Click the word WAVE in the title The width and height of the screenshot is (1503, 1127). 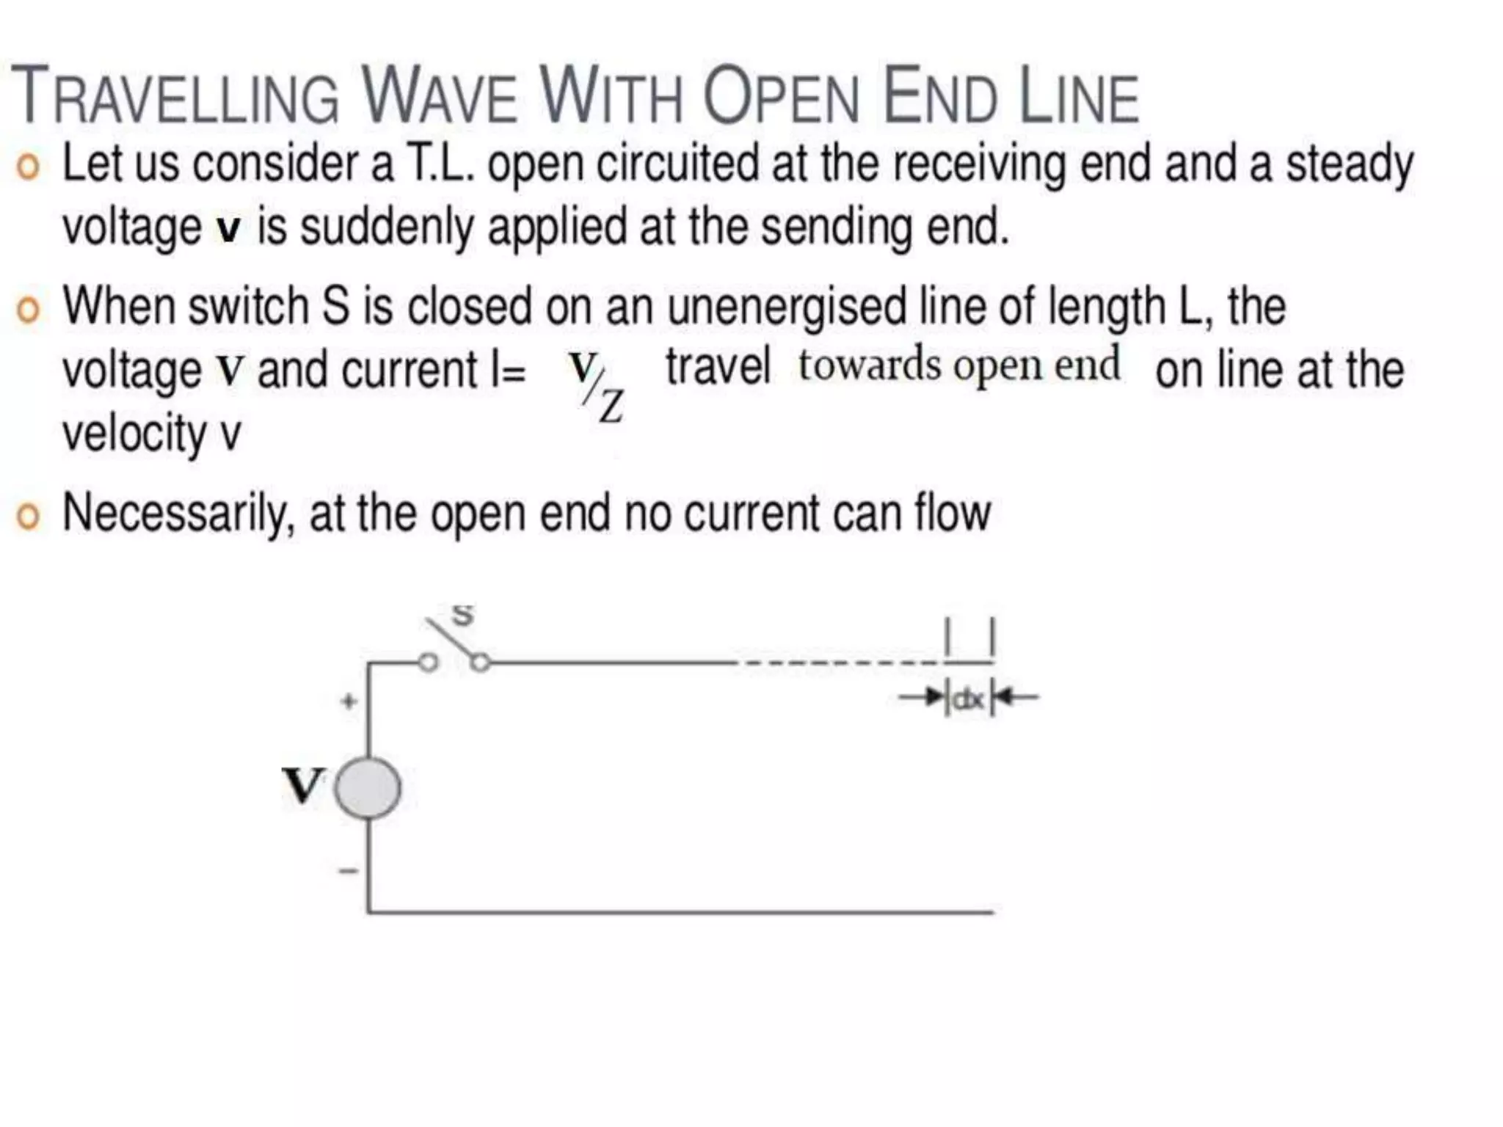coord(440,97)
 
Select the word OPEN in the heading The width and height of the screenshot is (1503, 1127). coord(780,97)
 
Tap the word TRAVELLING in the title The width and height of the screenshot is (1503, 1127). coord(175,97)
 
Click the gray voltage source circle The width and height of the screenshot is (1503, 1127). coord(368,789)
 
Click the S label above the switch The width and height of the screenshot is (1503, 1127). coord(462,614)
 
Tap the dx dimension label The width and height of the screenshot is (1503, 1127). coord(968,699)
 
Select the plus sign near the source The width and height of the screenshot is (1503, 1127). coord(349,701)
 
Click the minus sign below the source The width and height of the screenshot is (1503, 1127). coord(348,871)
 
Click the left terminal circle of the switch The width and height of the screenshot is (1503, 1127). coord(429,663)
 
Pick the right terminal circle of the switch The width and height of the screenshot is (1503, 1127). coord(481,663)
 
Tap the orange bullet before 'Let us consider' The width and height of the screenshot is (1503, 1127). coord(28,167)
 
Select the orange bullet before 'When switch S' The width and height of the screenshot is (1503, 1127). coord(28,310)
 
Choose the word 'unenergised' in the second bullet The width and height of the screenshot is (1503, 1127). coord(786,307)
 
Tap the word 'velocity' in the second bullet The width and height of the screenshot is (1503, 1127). coord(134,434)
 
